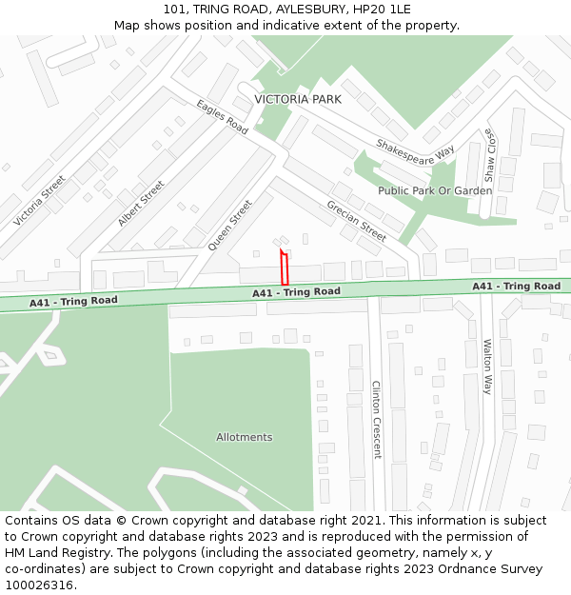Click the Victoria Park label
(297, 99)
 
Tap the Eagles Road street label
(223, 117)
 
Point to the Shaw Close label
(489, 155)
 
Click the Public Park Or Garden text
(435, 190)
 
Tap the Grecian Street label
(357, 221)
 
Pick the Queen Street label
(230, 225)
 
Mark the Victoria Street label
(40, 201)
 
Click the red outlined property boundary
(285, 268)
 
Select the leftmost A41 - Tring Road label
(73, 302)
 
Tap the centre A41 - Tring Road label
(296, 292)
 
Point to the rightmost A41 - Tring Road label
(516, 287)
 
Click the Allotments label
(244, 438)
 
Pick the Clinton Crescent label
(376, 420)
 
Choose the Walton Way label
(487, 367)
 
